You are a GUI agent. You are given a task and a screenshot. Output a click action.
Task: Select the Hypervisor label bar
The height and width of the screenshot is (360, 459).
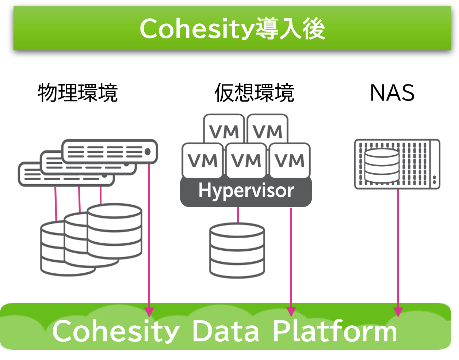pyautogui.click(x=246, y=191)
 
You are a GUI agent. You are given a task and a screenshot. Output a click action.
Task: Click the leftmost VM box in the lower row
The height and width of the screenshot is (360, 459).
pyautogui.click(x=203, y=160)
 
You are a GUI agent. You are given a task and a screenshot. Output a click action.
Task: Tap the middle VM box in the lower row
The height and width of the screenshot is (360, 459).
pyautogui.click(x=246, y=160)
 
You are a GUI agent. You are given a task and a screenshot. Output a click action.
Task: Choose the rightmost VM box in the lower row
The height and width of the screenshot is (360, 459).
pyautogui.click(x=290, y=160)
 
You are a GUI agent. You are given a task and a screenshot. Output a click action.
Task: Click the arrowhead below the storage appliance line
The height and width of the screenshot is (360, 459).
pyautogui.click(x=398, y=312)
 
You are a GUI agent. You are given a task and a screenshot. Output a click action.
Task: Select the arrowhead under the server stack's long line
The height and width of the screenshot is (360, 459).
pyautogui.click(x=149, y=312)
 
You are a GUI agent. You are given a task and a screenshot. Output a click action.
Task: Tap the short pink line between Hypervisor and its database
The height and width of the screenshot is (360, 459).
pyautogui.click(x=238, y=215)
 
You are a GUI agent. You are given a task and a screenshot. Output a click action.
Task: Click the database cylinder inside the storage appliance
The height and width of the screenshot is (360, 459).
pyautogui.click(x=382, y=166)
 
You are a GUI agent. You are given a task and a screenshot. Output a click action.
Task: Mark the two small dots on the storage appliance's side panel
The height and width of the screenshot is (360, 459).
pyautogui.click(x=434, y=179)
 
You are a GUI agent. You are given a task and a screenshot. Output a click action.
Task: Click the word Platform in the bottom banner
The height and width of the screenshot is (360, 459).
pyautogui.click(x=334, y=331)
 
